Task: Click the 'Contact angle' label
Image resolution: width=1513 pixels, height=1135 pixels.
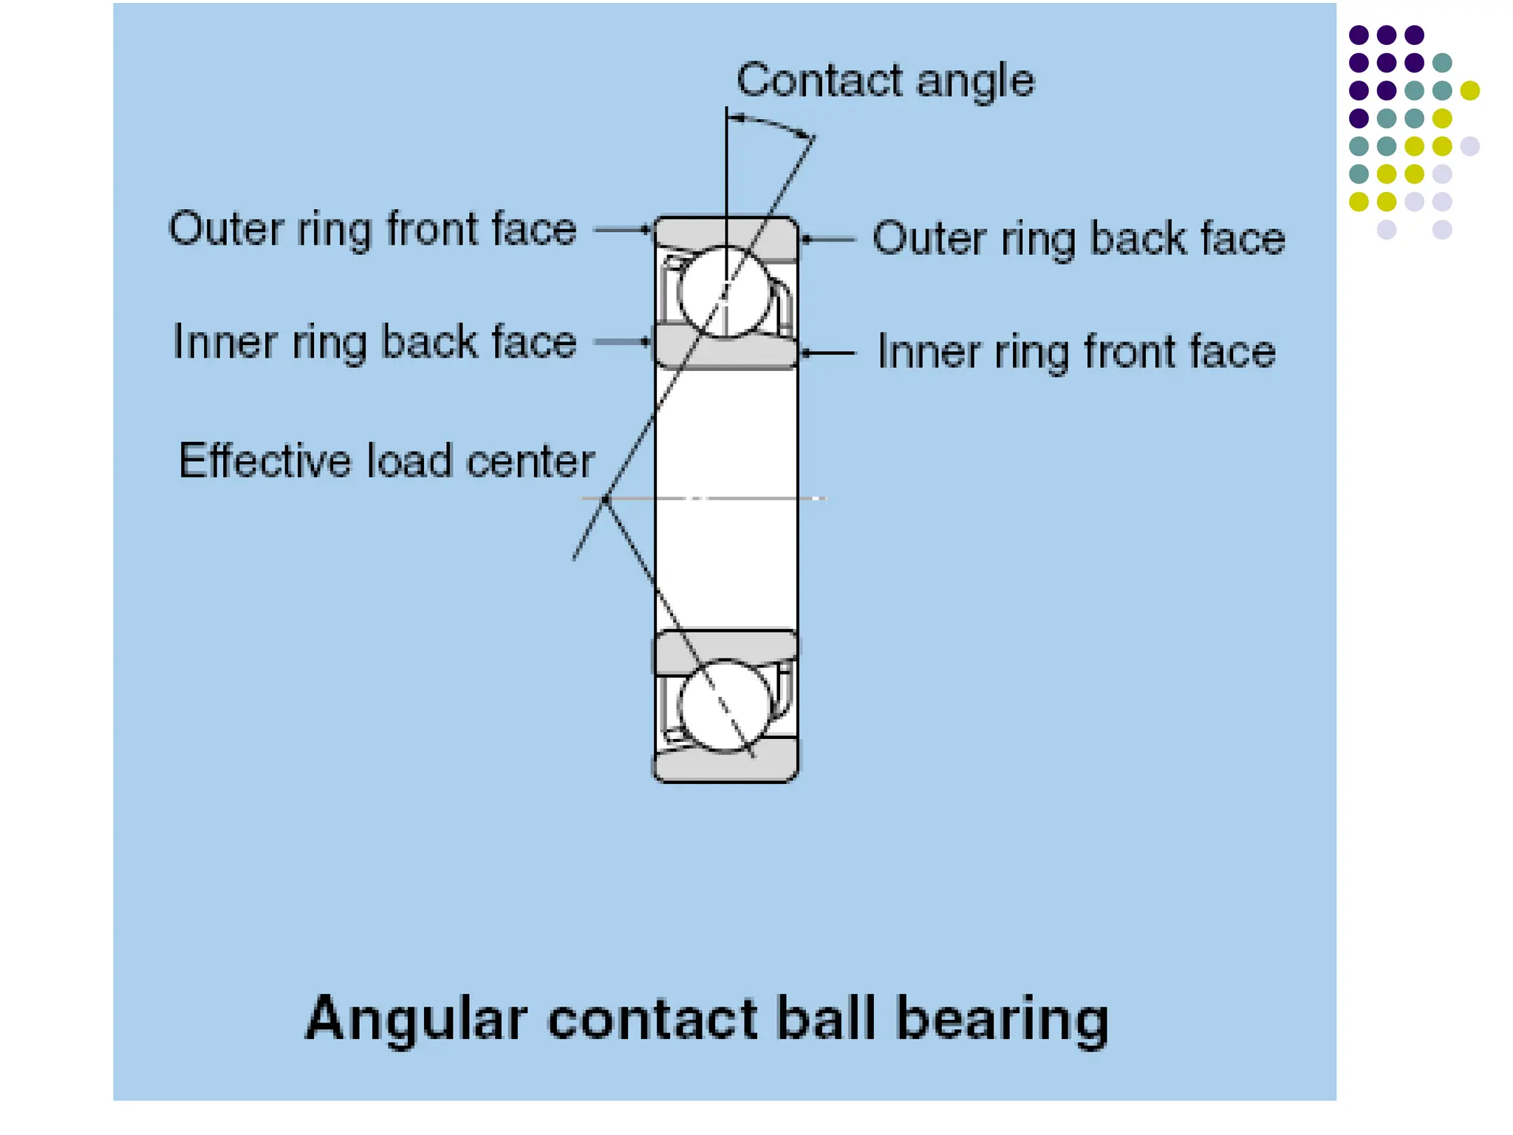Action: (885, 80)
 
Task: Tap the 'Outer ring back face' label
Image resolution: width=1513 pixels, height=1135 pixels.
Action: (1079, 239)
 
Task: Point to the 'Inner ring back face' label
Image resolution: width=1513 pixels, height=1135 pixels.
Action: (374, 342)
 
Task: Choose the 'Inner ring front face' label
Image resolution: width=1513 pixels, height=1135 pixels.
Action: (1076, 352)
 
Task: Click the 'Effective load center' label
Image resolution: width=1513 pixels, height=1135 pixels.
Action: (386, 461)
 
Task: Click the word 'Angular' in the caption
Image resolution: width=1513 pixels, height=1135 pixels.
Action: (416, 1019)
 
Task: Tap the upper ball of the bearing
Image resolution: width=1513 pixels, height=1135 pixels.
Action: (724, 292)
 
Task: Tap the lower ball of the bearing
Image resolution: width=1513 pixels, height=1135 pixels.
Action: (724, 706)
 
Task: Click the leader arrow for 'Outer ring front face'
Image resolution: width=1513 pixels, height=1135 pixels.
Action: (622, 230)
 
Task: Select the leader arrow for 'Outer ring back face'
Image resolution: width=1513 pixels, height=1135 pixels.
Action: (828, 239)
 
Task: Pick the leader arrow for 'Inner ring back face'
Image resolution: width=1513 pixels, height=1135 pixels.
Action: (622, 341)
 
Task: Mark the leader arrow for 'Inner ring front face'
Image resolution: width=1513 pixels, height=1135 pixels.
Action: (828, 353)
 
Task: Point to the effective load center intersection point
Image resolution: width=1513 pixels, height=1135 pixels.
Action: (606, 500)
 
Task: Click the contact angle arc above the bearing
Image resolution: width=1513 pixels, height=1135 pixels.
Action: (773, 123)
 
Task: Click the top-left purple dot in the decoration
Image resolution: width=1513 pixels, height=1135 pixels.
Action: (1359, 35)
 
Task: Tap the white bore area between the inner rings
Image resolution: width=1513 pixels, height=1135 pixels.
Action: (726, 499)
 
